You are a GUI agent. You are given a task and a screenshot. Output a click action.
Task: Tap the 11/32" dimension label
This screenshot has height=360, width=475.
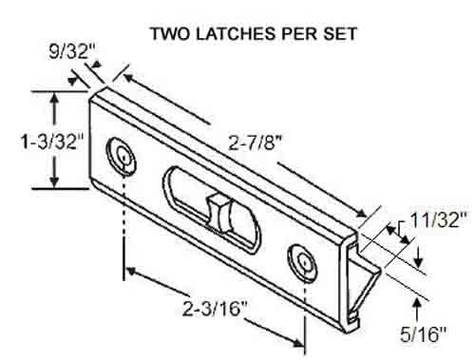coord(438,222)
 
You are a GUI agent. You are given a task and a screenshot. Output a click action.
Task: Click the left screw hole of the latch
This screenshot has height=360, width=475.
coord(122,153)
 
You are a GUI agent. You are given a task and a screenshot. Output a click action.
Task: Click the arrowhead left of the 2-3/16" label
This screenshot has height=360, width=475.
coord(130,270)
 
